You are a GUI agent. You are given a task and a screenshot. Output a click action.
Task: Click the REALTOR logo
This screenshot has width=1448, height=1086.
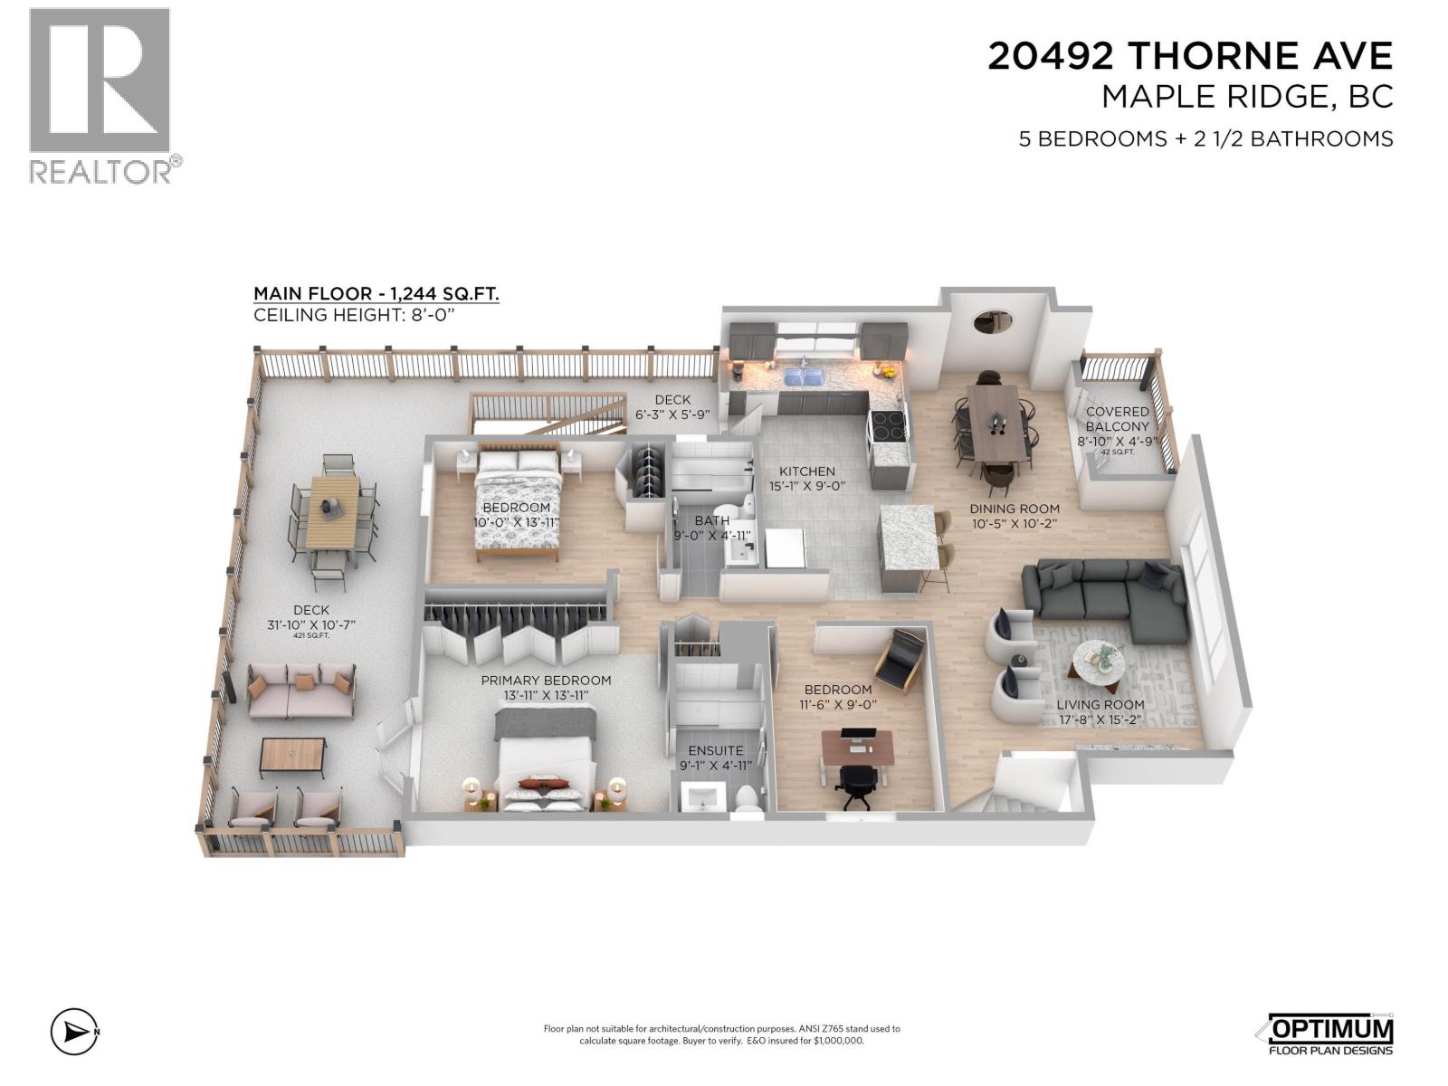100,95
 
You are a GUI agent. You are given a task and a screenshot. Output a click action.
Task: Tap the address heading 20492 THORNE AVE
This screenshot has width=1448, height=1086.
1189,56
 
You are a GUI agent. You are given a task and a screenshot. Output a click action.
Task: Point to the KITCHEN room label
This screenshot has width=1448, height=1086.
807,472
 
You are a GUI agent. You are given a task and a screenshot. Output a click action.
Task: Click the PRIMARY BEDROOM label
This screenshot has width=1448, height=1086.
546,681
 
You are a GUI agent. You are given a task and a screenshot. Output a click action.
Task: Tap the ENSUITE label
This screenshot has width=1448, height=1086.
715,750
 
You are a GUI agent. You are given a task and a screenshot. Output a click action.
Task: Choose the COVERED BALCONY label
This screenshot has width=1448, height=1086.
1118,419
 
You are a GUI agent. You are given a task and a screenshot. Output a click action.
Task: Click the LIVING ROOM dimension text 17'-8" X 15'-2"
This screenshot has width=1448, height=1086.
1100,720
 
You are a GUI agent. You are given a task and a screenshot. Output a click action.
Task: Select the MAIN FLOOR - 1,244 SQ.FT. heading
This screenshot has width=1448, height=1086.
376,294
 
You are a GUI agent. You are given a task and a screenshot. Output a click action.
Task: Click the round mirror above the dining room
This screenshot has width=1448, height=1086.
992,321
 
